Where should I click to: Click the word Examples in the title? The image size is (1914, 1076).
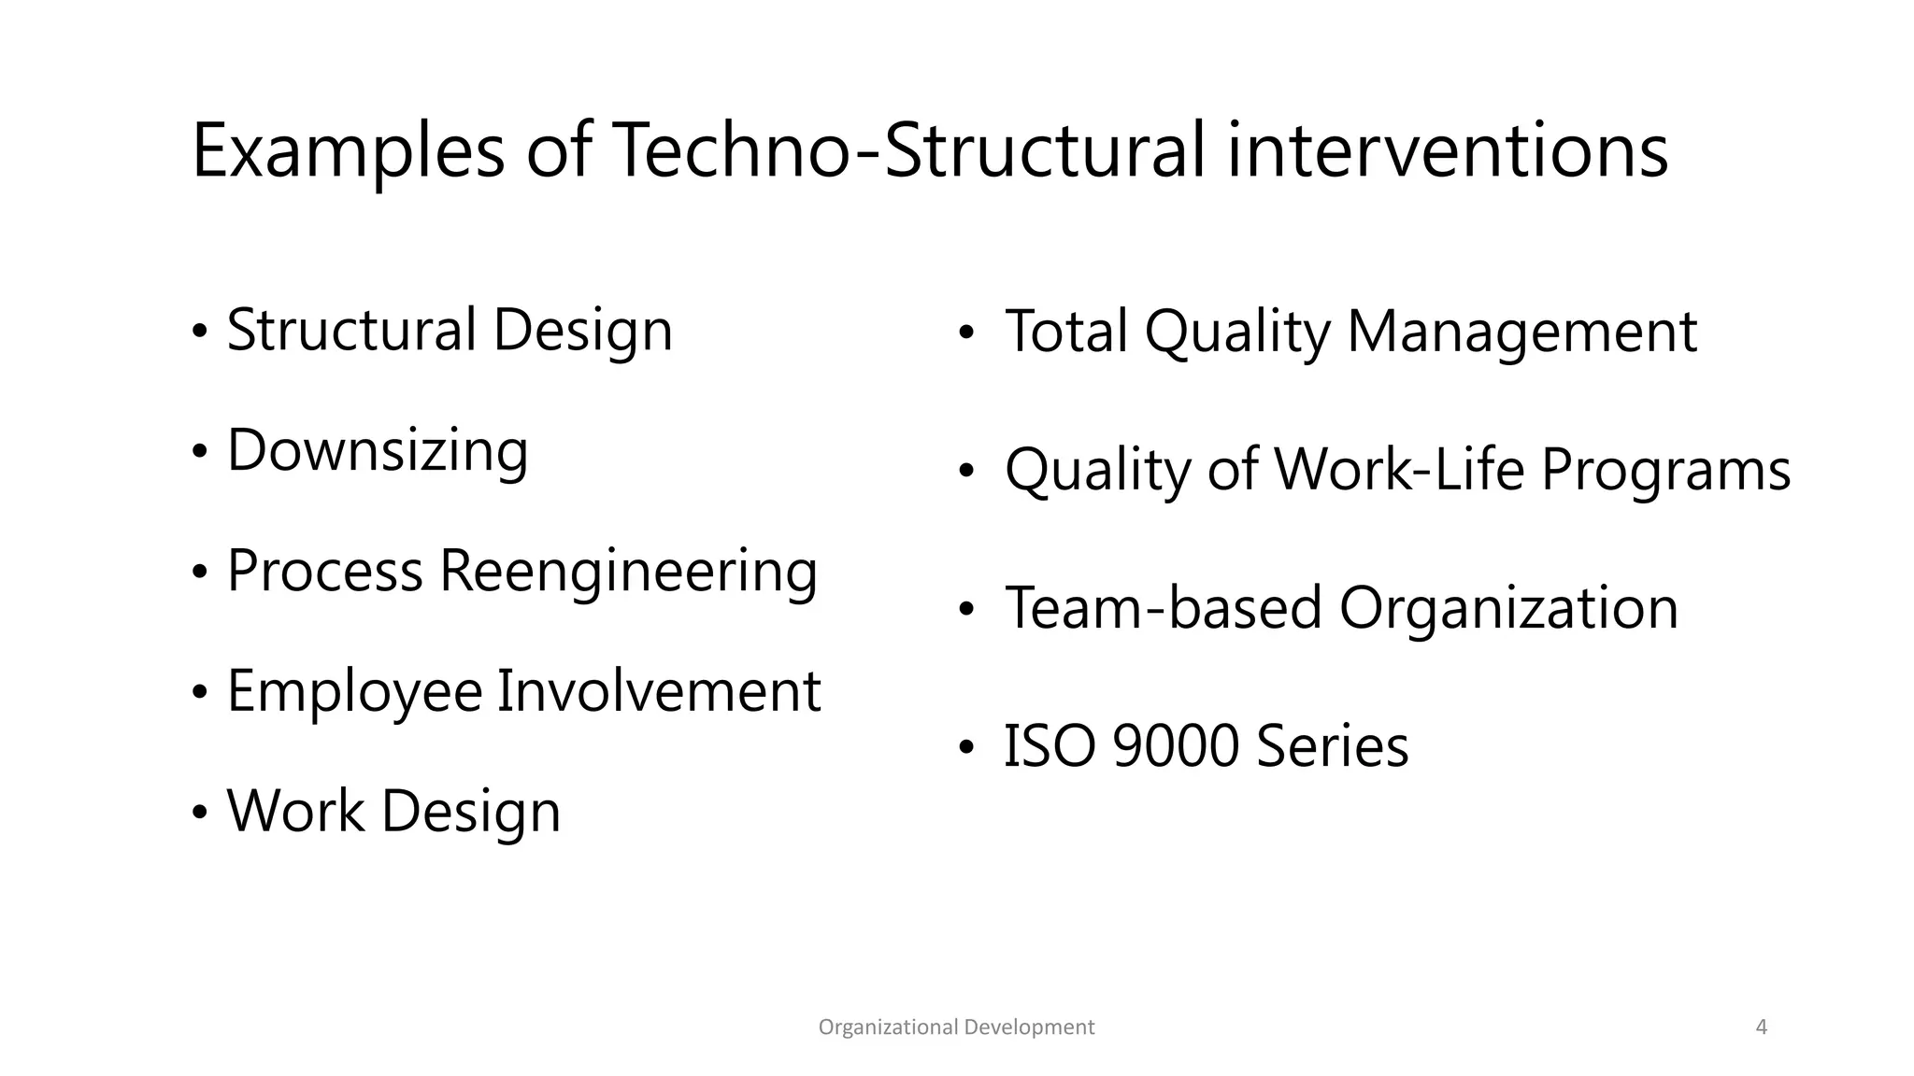347,151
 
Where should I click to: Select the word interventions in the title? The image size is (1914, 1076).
1447,151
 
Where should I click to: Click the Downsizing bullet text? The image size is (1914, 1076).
378,451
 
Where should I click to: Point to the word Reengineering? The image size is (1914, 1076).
628,571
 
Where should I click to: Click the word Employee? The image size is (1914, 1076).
354,692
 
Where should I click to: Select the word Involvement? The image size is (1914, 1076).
658,691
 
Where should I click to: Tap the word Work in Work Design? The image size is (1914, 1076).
295,811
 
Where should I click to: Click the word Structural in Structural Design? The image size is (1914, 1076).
350,331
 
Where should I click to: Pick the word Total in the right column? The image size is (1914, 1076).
1065,332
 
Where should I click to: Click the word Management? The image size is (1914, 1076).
1521,332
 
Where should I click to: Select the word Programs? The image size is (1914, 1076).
1665,469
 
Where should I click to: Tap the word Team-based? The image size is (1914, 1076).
1163,608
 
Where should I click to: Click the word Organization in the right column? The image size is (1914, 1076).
1508,608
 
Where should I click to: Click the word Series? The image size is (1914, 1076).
1332,746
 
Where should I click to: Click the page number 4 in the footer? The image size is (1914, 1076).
1762,1027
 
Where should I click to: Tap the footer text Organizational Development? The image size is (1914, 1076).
956,1027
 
